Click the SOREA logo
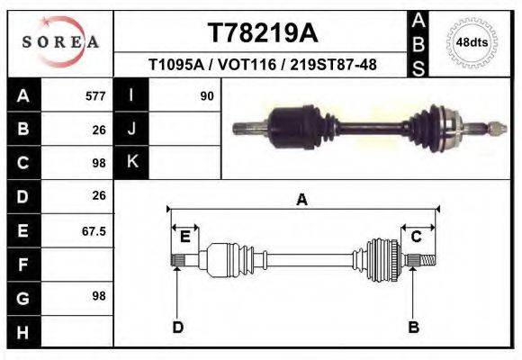(59, 42)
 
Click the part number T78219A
(262, 33)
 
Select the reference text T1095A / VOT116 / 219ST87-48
(262, 65)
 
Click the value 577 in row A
(95, 95)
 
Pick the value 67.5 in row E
(94, 231)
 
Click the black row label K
(131, 162)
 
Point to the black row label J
(131, 129)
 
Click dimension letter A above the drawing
(302, 200)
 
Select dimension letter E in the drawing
(184, 237)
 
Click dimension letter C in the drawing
(417, 237)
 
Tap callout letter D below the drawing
(177, 327)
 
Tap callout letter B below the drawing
(413, 327)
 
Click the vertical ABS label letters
(419, 42)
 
